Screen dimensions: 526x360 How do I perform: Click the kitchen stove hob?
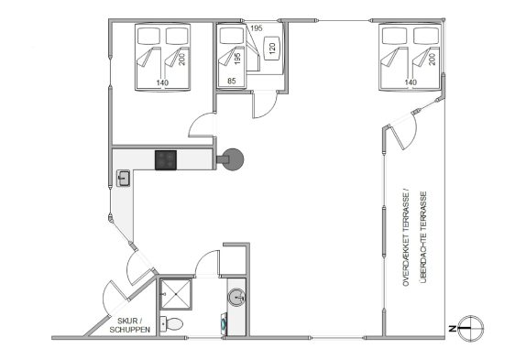166,160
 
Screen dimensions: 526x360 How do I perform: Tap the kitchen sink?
124,178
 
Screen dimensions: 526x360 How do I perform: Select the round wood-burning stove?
233,159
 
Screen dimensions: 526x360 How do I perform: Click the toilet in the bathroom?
171,324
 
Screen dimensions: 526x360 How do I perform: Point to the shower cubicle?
176,294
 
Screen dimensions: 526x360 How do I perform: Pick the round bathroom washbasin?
236,297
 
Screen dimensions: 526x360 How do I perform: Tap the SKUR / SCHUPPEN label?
130,325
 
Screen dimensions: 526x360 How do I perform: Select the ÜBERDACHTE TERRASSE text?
423,237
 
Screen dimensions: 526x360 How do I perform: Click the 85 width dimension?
232,81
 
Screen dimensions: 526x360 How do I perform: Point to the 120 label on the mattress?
272,48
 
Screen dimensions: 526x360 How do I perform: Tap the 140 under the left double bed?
162,82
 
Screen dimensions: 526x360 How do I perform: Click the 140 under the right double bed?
411,82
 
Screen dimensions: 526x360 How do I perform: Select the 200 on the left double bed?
182,60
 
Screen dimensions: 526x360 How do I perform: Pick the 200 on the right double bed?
433,59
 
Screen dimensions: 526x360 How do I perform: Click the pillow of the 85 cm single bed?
232,36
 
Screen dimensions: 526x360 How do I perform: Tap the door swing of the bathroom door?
207,263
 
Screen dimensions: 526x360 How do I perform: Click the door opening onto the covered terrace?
402,130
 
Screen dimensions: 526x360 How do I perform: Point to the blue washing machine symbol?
224,324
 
